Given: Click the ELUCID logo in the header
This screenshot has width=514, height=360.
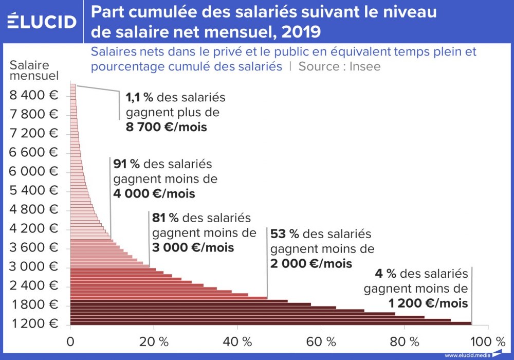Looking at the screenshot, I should (42, 21).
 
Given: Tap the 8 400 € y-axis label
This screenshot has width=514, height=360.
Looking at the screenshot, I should (34, 95).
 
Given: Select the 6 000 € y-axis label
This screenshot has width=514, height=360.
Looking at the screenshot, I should (34, 171).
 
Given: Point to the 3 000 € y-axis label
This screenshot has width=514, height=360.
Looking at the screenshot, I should (34, 266).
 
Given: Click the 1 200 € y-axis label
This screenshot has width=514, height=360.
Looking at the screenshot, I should (34, 323).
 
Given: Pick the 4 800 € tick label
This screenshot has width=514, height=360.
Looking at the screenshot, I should (34, 209).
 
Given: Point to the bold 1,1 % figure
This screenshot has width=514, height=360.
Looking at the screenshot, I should (140, 98).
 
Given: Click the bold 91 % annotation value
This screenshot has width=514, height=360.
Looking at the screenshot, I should (126, 164).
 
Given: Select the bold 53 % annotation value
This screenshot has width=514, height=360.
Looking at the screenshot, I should (285, 234).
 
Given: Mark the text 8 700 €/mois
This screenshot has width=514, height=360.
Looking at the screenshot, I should (166, 127).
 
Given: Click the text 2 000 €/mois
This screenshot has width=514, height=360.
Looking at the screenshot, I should (311, 263).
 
